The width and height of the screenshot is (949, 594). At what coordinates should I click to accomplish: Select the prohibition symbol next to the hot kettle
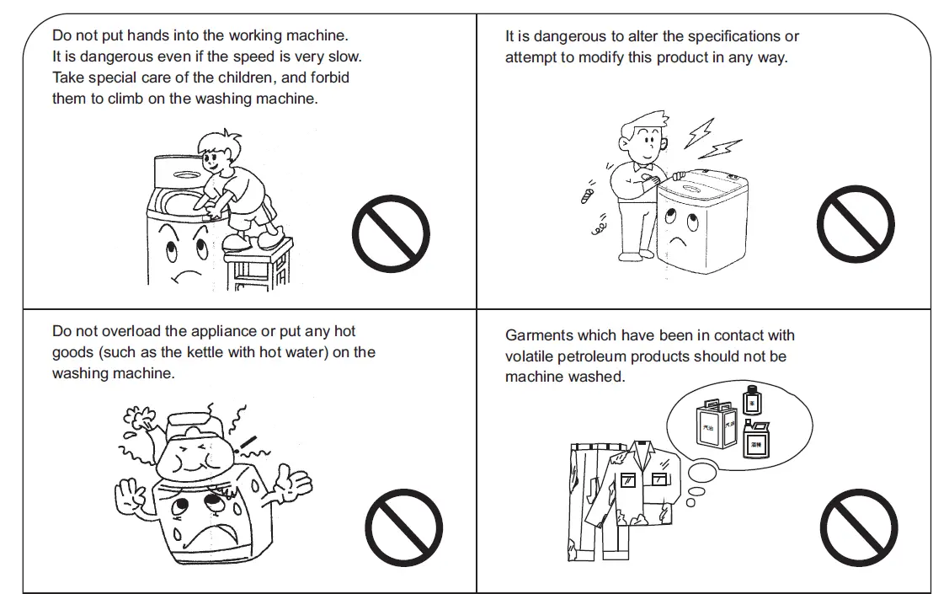click(404, 528)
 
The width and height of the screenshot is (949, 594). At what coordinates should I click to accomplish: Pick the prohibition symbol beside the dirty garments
click(859, 528)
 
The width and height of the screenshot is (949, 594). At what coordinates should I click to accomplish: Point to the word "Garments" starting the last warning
click(539, 335)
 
